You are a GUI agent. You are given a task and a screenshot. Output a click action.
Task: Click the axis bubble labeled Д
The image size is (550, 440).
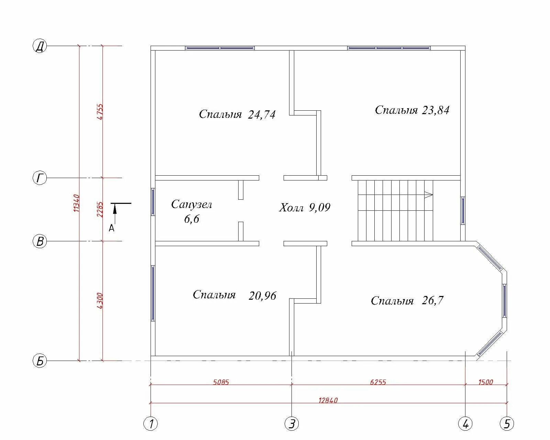pyautogui.click(x=40, y=46)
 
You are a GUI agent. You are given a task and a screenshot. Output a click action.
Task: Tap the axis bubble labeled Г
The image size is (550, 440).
pyautogui.click(x=40, y=178)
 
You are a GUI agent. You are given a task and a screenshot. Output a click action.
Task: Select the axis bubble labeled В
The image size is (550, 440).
pyautogui.click(x=40, y=241)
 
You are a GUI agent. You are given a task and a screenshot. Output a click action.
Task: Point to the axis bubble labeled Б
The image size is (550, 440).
pyautogui.click(x=40, y=361)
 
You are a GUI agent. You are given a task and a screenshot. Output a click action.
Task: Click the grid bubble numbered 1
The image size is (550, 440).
pyautogui.click(x=151, y=423)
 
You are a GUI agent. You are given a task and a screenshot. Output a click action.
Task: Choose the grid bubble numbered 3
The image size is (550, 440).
pyautogui.click(x=291, y=423)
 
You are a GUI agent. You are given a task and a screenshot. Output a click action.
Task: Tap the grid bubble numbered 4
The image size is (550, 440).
pyautogui.click(x=465, y=423)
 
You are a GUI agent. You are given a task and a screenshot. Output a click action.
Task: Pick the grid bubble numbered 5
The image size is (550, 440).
pyautogui.click(x=507, y=423)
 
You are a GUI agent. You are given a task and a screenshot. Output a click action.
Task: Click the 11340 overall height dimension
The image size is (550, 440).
pyautogui.click(x=77, y=203)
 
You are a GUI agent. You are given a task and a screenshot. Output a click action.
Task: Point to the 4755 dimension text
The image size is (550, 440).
pyautogui.click(x=100, y=111)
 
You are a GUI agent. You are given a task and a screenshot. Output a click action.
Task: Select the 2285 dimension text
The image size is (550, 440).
pyautogui.click(x=100, y=209)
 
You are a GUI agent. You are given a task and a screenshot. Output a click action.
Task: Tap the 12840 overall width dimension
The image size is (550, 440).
pyautogui.click(x=328, y=400)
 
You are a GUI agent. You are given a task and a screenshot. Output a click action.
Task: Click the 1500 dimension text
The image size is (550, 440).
pyautogui.click(x=486, y=382)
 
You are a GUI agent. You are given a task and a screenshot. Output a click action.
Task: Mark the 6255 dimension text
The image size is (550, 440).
pyautogui.click(x=378, y=382)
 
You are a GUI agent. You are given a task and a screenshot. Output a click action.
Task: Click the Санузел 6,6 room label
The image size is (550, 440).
pyautogui.click(x=192, y=211)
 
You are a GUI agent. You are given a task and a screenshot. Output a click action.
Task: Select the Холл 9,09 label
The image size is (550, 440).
pyautogui.click(x=305, y=207)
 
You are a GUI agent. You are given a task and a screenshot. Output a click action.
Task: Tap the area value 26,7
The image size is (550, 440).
pyautogui.click(x=432, y=300)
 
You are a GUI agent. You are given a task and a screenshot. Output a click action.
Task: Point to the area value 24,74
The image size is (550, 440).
pyautogui.click(x=262, y=114)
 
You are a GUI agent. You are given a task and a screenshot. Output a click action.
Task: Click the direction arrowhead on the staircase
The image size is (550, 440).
pyautogui.click(x=429, y=195)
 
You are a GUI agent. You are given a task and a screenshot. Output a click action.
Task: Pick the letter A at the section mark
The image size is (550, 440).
pyautogui.click(x=111, y=228)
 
